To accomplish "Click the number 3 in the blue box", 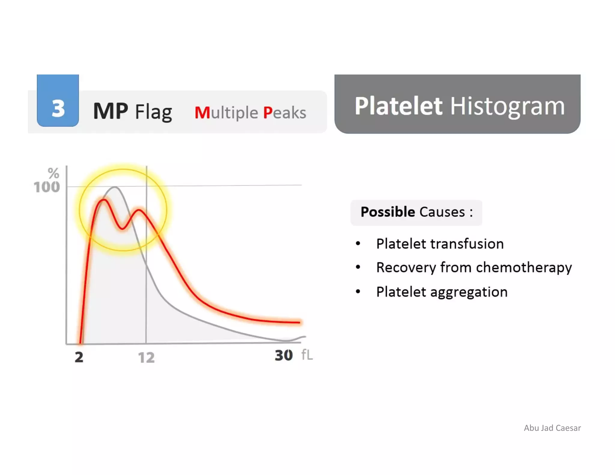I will [58, 108].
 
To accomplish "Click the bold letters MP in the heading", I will [111, 111].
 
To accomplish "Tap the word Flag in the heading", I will [153, 112].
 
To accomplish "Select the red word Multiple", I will [226, 113].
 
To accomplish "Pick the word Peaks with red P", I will [284, 113].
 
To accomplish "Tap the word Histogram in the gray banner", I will [507, 106].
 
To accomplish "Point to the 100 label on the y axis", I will [47, 187].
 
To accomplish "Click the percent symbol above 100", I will [53, 173].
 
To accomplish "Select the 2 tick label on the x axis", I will [79, 357].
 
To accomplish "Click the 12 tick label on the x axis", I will [146, 358].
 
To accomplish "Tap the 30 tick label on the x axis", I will [283, 355].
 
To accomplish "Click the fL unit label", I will [307, 355].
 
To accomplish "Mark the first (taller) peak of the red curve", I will [103, 200].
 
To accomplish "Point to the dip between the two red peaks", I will [122, 228].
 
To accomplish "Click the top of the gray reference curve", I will [115, 187].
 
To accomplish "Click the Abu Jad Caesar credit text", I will [552, 428].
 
